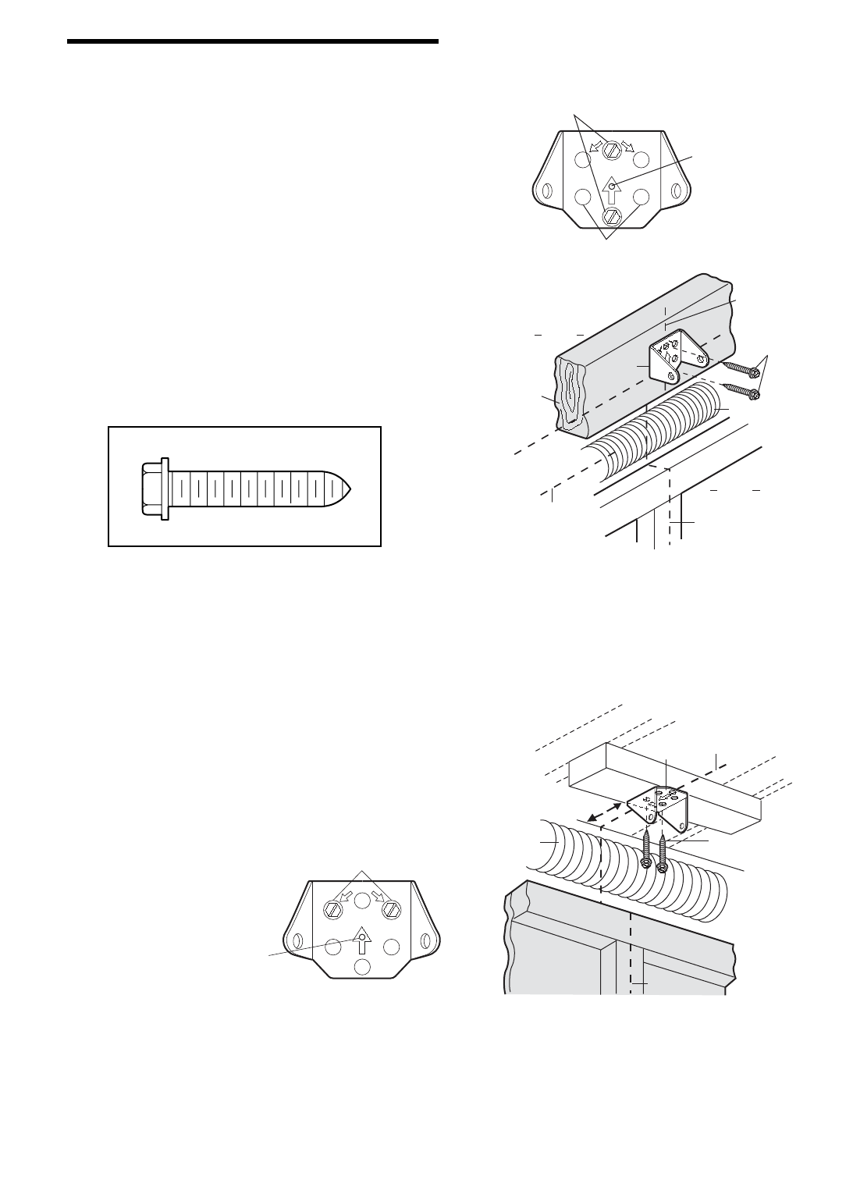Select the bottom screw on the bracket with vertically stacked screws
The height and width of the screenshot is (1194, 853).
click(613, 215)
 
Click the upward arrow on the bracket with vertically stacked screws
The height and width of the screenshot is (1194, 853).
click(613, 190)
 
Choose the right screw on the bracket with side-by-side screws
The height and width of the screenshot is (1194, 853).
click(389, 909)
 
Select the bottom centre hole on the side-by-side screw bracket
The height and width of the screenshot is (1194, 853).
click(361, 967)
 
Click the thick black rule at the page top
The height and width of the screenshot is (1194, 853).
click(254, 41)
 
